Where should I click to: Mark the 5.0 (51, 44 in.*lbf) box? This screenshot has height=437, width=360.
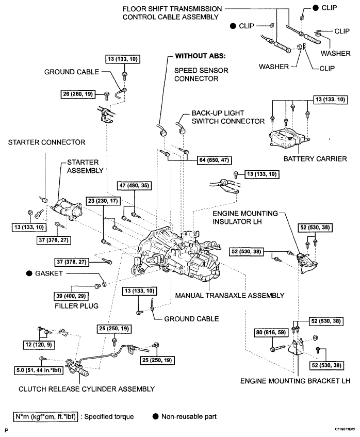point(39,370)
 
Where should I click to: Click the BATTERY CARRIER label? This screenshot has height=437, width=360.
point(315,159)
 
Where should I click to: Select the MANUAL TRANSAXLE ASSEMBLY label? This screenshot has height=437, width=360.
point(230,296)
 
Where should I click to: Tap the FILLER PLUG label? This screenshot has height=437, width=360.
point(77,306)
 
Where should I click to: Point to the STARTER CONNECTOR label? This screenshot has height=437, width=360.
point(46,142)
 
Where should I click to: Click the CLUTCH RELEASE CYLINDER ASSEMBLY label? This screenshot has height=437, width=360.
point(86,389)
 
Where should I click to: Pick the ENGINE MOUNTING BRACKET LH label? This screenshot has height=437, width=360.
point(295,381)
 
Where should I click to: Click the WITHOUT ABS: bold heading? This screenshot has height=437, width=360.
point(200,56)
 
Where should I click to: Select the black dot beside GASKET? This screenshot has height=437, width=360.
point(29,273)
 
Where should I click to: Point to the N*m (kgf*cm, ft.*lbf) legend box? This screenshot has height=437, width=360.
point(45,417)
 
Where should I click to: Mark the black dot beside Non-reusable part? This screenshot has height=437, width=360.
point(155,417)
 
